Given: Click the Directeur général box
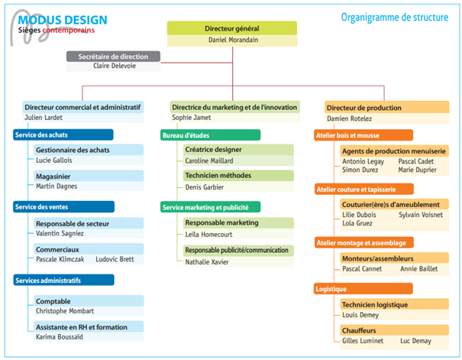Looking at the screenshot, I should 232,28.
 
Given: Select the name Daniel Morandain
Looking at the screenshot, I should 232,39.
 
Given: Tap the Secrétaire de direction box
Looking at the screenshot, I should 113,56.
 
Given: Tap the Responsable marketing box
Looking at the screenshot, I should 221,222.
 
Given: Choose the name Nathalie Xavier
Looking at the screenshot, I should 207,262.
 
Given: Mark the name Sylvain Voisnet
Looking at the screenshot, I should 420,216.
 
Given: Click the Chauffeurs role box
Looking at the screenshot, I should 360,330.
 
